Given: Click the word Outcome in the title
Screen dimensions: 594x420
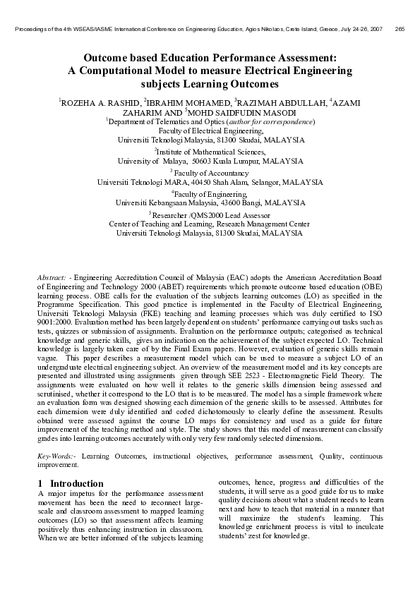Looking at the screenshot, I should [106, 57].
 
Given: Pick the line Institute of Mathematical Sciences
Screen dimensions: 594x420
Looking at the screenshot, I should [210, 152].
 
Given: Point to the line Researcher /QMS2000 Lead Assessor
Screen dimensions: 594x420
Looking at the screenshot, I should [210, 214].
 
